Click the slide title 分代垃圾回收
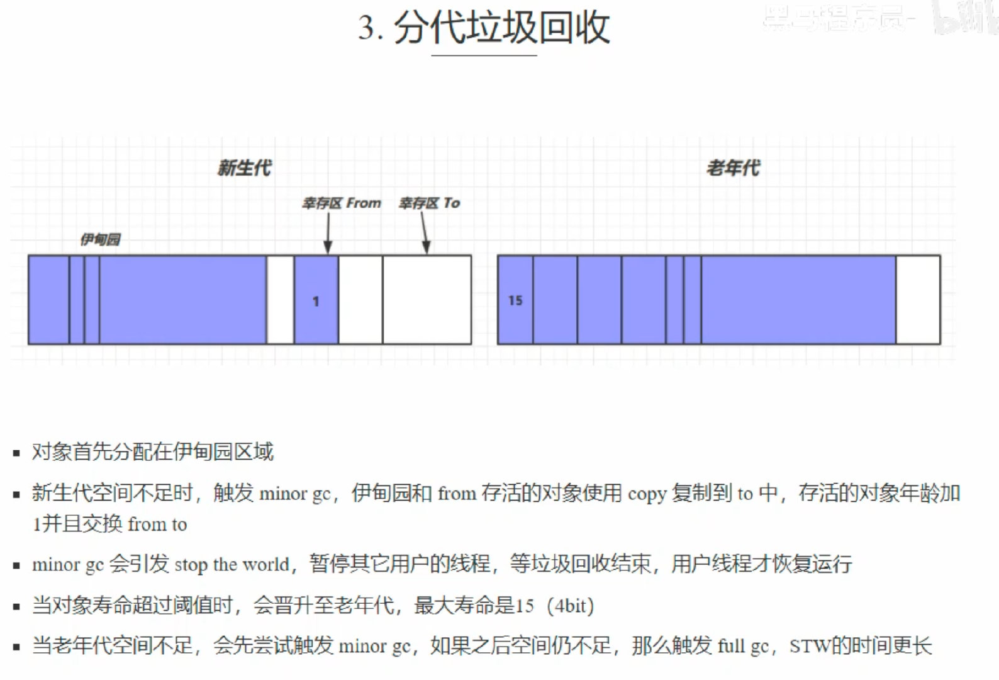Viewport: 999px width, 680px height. tap(501, 29)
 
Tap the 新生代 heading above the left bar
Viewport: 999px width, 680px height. tap(244, 168)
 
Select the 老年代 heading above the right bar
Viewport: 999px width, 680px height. tap(733, 168)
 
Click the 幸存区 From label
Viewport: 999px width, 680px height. tap(342, 203)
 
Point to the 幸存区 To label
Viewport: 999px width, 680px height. tap(430, 203)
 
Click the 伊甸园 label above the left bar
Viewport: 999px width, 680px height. tap(100, 239)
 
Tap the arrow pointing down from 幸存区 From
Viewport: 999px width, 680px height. tap(328, 233)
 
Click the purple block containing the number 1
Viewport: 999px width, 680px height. tap(316, 300)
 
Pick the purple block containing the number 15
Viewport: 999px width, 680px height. tap(515, 300)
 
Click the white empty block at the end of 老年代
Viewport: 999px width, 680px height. tap(918, 300)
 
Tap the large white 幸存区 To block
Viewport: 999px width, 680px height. tap(427, 300)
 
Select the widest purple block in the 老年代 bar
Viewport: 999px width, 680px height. tap(798, 300)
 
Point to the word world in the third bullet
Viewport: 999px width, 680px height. tap(266, 564)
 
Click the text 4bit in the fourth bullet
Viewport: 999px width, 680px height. tap(571, 606)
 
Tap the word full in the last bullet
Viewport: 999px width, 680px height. tap(731, 647)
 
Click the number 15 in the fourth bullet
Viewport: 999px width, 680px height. tap(525, 606)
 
